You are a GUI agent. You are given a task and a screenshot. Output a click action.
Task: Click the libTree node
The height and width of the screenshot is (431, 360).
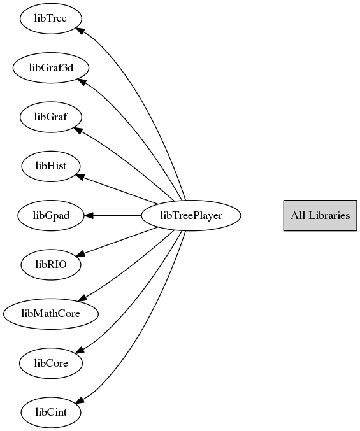coord(51,18)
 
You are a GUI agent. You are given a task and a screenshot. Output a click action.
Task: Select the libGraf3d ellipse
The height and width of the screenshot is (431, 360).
coord(51,67)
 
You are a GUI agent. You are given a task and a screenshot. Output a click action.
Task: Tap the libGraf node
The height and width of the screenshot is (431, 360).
coord(51,117)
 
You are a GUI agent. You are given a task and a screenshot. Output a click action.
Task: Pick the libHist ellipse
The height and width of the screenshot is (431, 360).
coord(51,166)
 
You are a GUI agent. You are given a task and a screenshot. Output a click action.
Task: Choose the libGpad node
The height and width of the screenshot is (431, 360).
coord(51,215)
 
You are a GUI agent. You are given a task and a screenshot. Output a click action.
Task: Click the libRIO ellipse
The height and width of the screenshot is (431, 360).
coord(51,265)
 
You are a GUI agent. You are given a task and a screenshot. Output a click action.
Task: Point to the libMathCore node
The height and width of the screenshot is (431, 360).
coord(51,314)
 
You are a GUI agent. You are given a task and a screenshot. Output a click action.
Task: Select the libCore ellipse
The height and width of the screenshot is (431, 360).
coord(51,363)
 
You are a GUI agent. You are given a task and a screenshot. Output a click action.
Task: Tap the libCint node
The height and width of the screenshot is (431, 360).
coord(51,413)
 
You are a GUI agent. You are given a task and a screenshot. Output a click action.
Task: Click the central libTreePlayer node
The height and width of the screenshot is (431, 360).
coord(191,215)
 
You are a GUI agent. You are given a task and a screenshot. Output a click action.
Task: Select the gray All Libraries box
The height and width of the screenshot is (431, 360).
coord(320,215)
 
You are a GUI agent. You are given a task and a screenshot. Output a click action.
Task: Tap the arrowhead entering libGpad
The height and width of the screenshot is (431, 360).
coord(89,215)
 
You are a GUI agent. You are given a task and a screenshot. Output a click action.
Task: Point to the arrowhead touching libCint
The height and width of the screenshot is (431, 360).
coord(80,400)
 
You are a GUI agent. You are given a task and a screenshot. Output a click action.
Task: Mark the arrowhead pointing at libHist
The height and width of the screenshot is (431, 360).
coord(80,177)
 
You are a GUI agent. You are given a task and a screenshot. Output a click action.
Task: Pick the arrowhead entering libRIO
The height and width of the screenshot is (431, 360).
coord(80,253)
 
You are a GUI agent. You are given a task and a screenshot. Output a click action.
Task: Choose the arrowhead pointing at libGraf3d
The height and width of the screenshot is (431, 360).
coord(82,82)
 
